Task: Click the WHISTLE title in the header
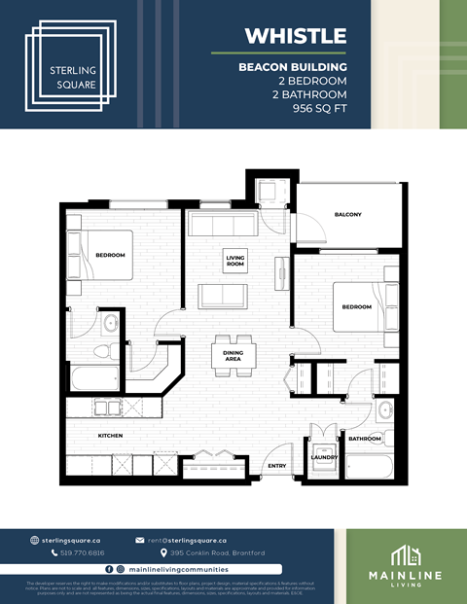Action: (295, 36)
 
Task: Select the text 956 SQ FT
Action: (313, 109)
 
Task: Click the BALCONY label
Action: (347, 215)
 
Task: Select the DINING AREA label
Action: (233, 356)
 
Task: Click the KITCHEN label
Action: (110, 435)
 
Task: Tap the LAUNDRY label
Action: (325, 458)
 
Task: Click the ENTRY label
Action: (277, 466)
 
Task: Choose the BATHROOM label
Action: (365, 439)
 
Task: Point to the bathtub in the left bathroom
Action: (93, 377)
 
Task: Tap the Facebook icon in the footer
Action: (109, 568)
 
